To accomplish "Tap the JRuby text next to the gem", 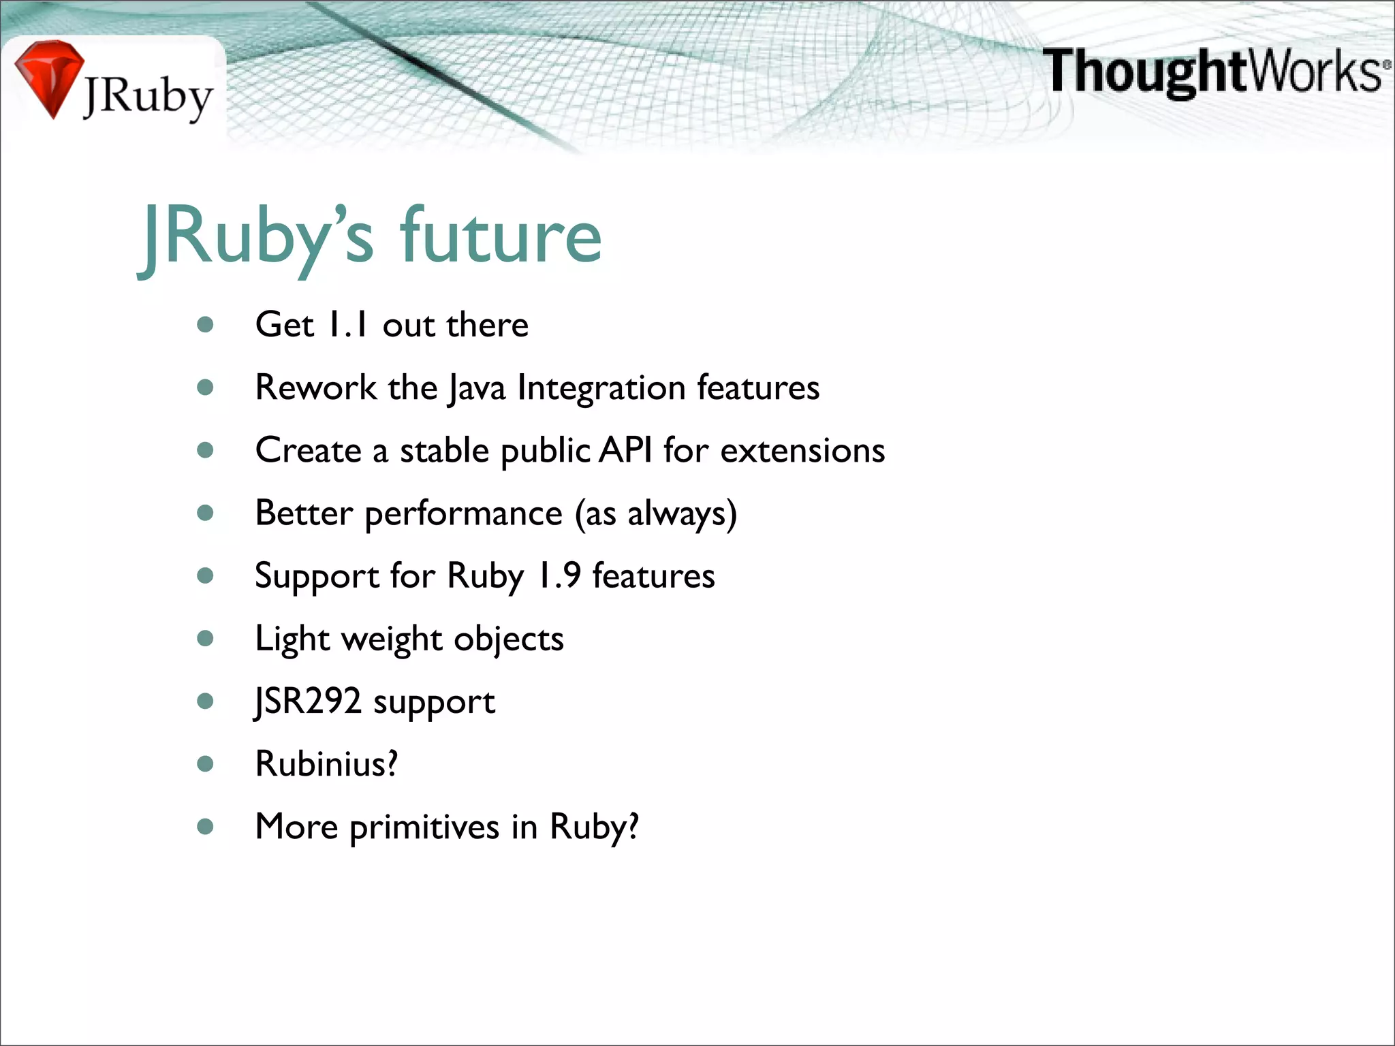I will click(148, 97).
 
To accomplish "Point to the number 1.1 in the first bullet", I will click(347, 324).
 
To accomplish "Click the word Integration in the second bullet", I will click(601, 387).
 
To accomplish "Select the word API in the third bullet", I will click(625, 450).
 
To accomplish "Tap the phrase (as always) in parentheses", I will click(655, 513).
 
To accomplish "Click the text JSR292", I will click(308, 701).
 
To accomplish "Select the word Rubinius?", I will click(326, 763).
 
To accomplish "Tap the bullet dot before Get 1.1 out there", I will click(205, 325).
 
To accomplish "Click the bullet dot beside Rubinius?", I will click(205, 763).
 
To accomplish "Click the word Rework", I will click(315, 387).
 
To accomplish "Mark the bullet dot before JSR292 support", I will click(205, 701).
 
